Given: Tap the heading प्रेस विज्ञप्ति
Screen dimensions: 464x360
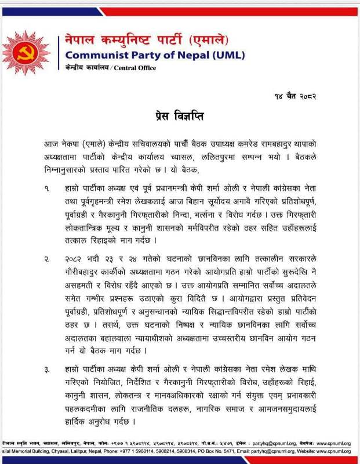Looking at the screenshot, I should point(179,115).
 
